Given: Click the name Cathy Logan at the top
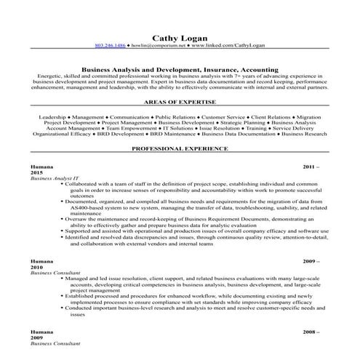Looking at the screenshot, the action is [180, 36].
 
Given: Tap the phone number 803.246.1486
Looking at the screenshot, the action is [110, 45].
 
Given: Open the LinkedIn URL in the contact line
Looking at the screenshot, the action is [228, 45].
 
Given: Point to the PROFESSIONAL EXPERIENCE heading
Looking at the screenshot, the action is [180, 148].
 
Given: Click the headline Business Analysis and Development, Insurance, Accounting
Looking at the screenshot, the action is [180, 71].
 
